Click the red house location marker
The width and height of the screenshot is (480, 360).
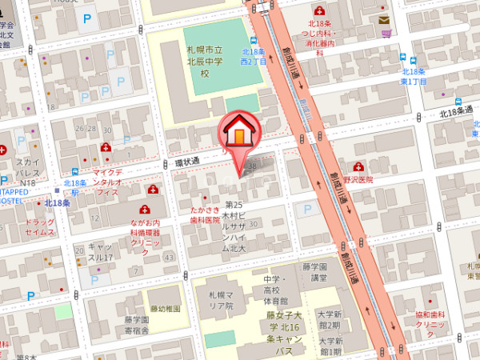(238, 133)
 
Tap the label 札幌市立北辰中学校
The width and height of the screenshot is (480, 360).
(204, 61)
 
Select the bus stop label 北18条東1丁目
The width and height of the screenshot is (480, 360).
(413, 77)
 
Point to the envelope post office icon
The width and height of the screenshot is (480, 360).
(385, 19)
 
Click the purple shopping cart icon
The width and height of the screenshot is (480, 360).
(386, 34)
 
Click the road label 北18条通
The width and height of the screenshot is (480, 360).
(457, 114)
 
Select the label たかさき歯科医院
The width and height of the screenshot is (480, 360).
(204, 214)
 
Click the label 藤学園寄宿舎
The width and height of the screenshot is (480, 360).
(137, 325)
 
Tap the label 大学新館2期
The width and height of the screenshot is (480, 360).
(328, 320)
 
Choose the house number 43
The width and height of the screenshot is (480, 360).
(169, 258)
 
